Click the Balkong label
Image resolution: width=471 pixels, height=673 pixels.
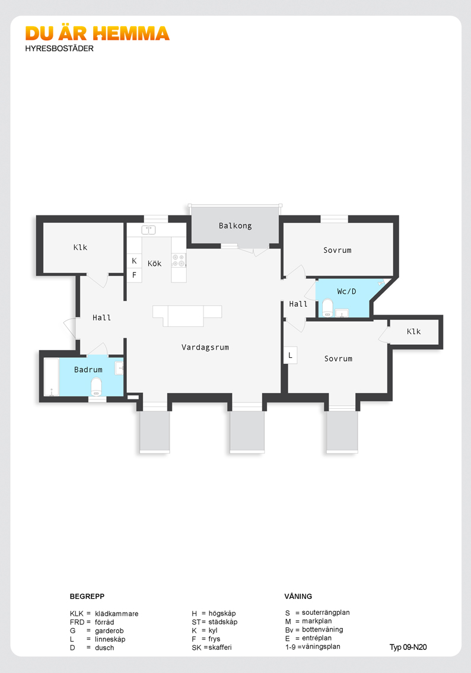235,226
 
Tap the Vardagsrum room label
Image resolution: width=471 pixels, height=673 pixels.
205,347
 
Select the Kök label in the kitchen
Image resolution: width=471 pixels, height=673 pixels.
154,263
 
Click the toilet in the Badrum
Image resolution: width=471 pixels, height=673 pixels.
97,386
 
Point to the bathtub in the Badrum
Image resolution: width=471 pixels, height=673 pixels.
52,377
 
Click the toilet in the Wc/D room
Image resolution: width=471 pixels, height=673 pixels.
327,308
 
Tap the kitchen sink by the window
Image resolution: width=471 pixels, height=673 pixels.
148,230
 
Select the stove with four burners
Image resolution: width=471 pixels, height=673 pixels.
179,260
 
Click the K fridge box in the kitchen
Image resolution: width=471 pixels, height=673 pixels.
134,261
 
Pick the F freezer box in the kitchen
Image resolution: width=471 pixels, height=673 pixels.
134,275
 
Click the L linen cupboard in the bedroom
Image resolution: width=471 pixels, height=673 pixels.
291,355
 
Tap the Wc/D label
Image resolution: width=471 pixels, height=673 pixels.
346,291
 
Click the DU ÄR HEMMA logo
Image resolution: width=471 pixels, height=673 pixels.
97,33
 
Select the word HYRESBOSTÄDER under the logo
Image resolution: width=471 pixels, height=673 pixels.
59,49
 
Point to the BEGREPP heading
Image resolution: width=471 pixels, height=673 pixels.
87,596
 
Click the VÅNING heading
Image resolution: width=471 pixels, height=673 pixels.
298,596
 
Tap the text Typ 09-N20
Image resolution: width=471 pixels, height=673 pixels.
408,647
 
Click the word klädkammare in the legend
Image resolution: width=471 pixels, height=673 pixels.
117,614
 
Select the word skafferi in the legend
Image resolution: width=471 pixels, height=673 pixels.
220,647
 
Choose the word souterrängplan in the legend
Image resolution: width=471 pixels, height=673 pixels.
326,613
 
